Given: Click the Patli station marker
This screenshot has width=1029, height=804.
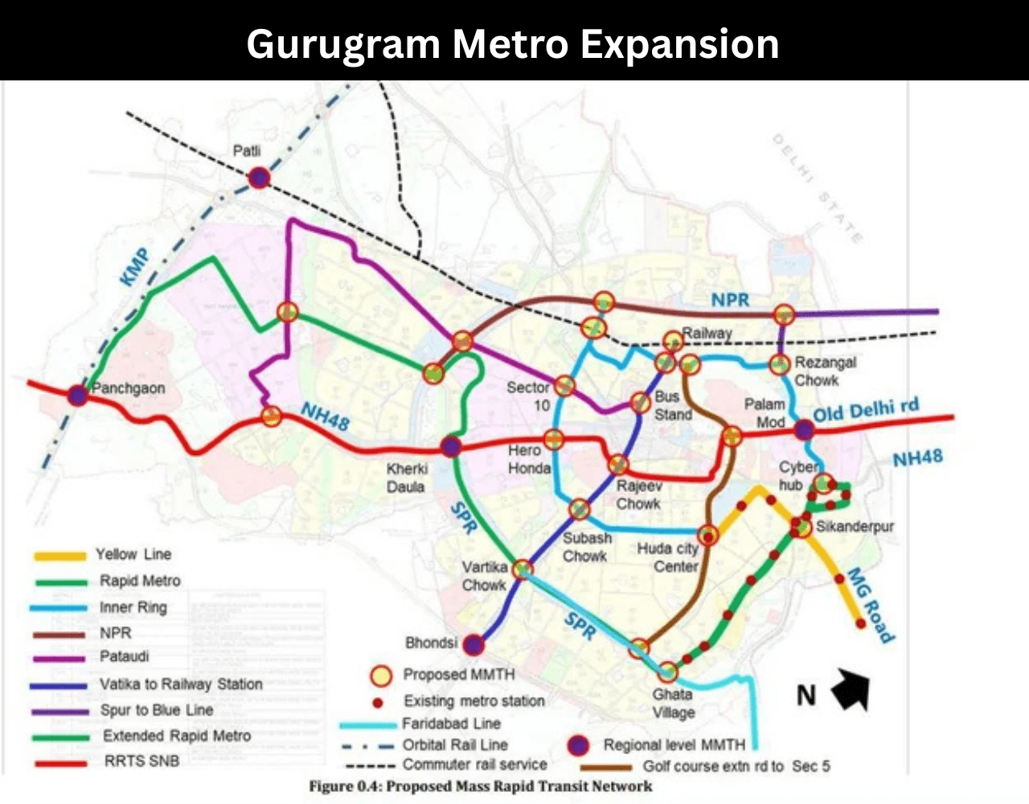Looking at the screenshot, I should tap(258, 178).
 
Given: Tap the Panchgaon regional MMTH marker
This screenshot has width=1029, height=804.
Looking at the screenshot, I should tap(78, 395).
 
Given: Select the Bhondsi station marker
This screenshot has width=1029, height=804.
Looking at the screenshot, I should tap(474, 644).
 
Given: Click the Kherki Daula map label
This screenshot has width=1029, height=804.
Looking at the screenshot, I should tap(407, 478).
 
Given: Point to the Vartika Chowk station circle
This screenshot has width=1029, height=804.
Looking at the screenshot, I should tap(523, 569).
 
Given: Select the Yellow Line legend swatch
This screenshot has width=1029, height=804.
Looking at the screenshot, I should tap(59, 556).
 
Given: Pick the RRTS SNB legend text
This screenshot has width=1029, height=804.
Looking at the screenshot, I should tap(141, 761).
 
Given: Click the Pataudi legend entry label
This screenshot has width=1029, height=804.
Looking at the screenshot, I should tap(124, 656).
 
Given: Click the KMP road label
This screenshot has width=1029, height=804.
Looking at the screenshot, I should tap(134, 268).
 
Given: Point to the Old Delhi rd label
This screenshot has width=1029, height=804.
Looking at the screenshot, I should tap(865, 409).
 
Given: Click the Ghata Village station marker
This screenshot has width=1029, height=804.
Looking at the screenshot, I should tap(668, 671).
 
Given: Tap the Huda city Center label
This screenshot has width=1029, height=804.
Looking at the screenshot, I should tap(667, 557).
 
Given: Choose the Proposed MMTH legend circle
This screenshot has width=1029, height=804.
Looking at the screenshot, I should tap(380, 675).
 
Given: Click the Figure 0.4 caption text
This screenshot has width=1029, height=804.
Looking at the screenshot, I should tap(481, 786).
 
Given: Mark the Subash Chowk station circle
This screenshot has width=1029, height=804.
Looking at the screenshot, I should tap(579, 509).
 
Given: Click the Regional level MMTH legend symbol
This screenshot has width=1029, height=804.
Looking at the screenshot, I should tap(578, 745).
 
